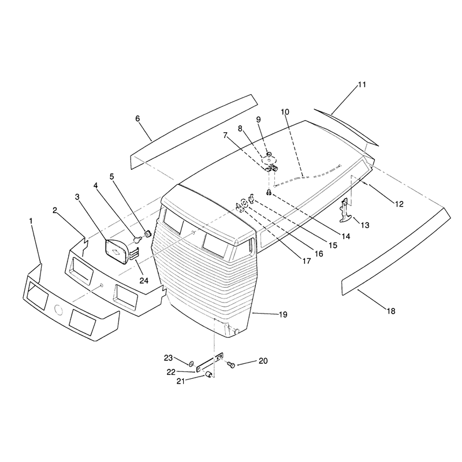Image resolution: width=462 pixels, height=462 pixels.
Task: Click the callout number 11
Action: point(362,84)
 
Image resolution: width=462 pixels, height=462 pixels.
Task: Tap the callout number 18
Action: point(391,311)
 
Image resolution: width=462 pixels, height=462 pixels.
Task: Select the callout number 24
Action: point(144,281)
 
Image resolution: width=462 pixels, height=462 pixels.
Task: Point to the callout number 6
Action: point(137,118)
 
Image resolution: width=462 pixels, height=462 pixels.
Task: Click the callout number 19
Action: point(283,315)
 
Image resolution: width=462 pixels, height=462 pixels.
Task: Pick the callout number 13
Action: point(365,225)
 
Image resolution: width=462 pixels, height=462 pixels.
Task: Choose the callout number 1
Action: point(31,221)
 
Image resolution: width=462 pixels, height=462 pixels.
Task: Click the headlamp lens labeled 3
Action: point(117,251)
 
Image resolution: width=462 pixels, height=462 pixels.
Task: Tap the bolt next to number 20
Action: point(232,365)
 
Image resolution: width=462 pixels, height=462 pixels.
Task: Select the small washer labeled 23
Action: point(191,363)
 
